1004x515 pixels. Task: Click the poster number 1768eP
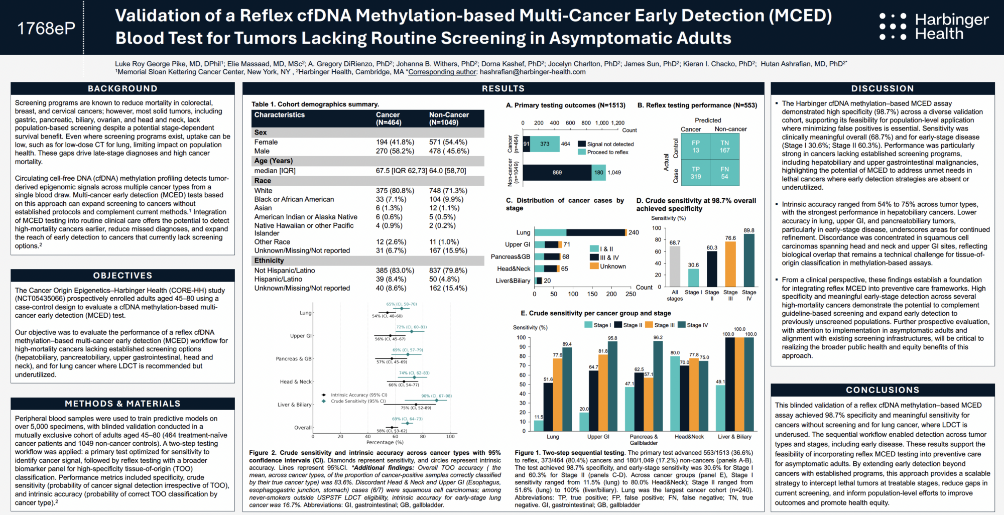click(46, 28)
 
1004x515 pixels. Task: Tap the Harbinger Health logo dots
click(893, 27)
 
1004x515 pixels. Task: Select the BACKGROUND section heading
click(122, 89)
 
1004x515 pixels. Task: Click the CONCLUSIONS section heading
click(883, 390)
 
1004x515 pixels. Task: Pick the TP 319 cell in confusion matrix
click(696, 173)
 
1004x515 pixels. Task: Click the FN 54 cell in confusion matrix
click(724, 173)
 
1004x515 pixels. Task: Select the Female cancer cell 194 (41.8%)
click(395, 142)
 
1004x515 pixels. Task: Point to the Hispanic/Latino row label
click(278, 279)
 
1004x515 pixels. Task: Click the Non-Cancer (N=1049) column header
click(449, 118)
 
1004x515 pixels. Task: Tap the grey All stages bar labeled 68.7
click(675, 266)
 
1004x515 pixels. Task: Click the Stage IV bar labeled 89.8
click(749, 260)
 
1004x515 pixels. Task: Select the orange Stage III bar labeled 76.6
click(730, 264)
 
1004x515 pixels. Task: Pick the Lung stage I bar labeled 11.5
click(539, 426)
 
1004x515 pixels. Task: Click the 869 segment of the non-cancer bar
click(557, 172)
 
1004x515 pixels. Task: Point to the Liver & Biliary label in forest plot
click(295, 405)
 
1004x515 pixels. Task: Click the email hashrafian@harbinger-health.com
click(533, 72)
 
